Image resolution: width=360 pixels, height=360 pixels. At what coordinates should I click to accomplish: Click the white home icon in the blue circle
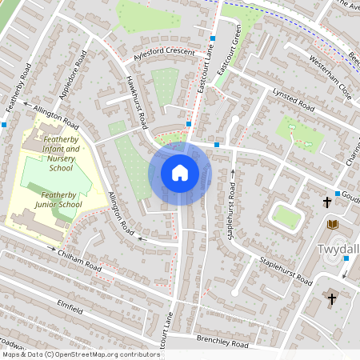pos(180,172)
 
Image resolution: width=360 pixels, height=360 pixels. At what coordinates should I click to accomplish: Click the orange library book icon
pos(331,226)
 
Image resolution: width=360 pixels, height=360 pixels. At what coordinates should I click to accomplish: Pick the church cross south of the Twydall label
pos(333,299)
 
